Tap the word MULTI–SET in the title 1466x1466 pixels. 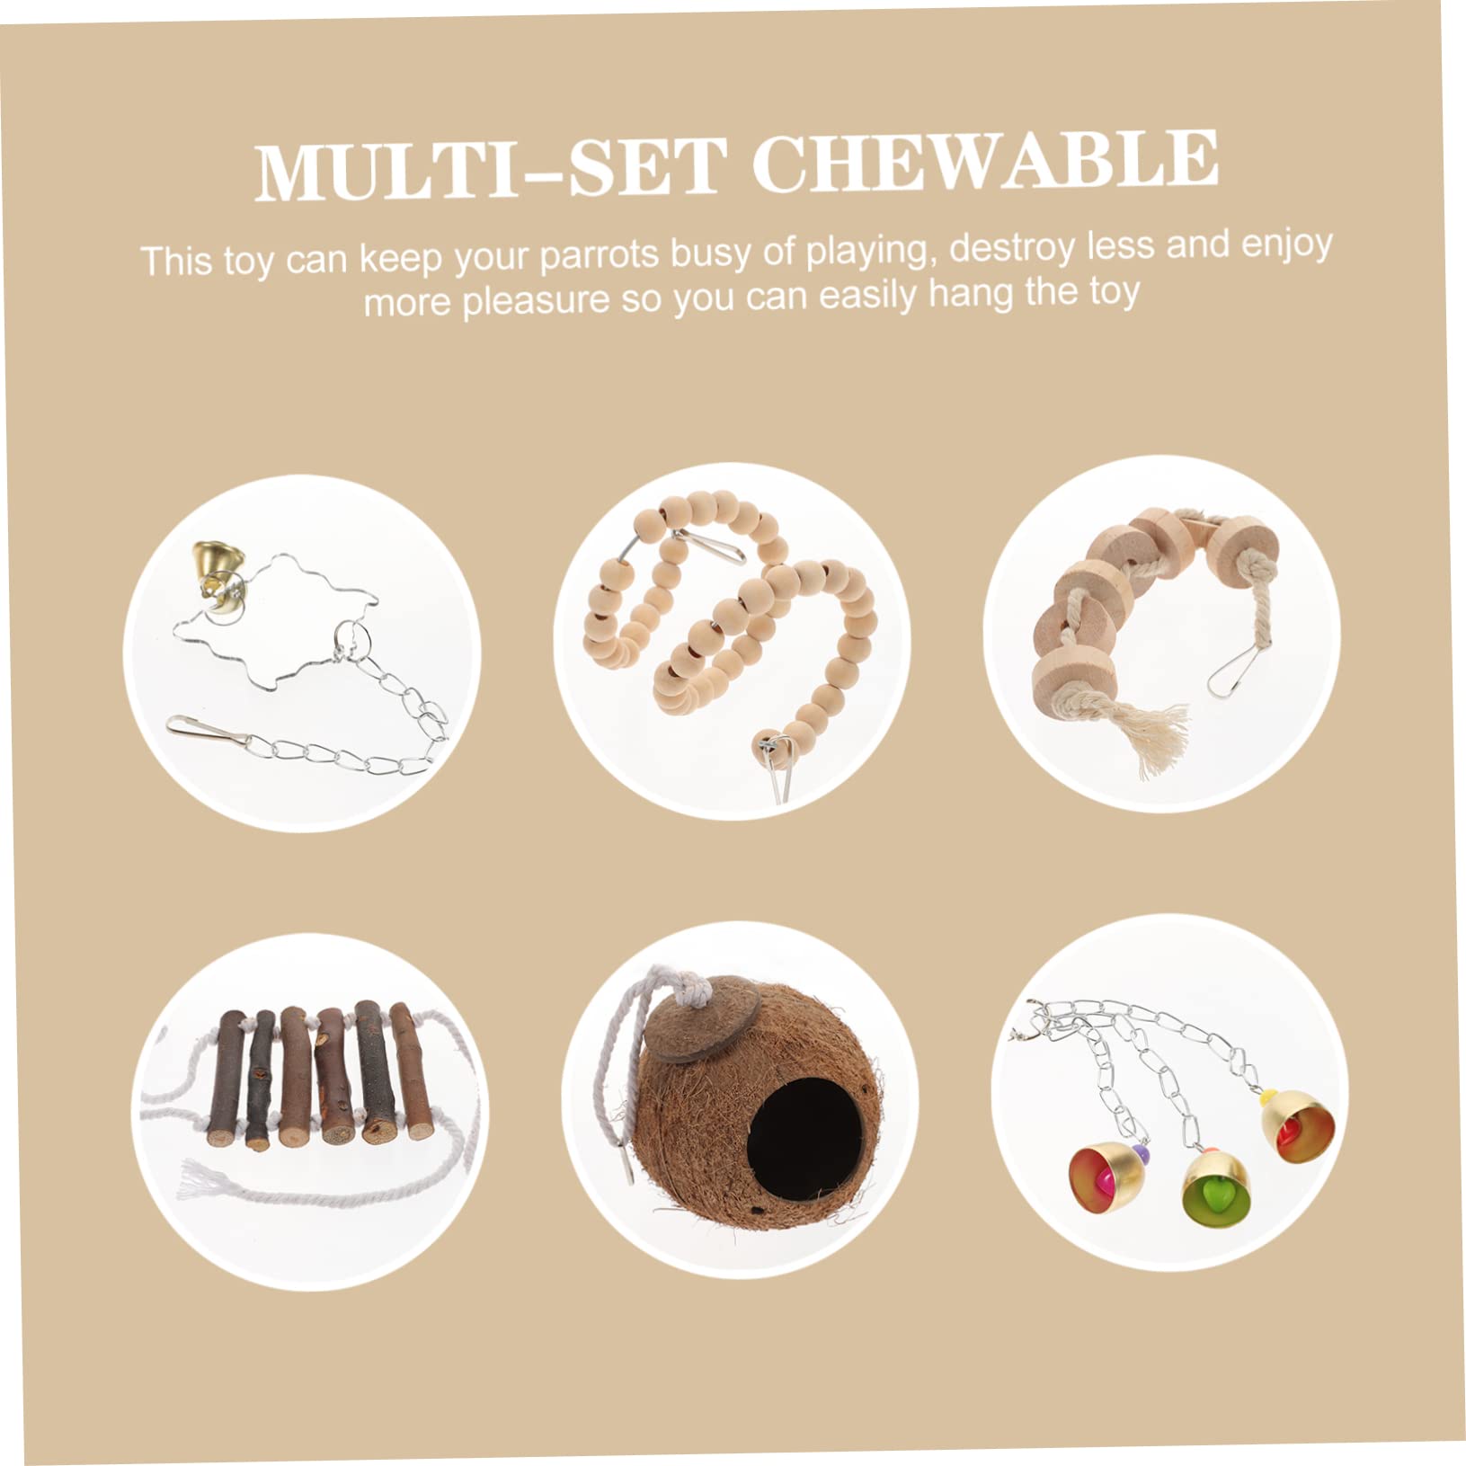(491, 169)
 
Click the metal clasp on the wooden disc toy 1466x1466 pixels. (1228, 671)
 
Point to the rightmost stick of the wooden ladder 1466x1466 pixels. (413, 1074)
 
